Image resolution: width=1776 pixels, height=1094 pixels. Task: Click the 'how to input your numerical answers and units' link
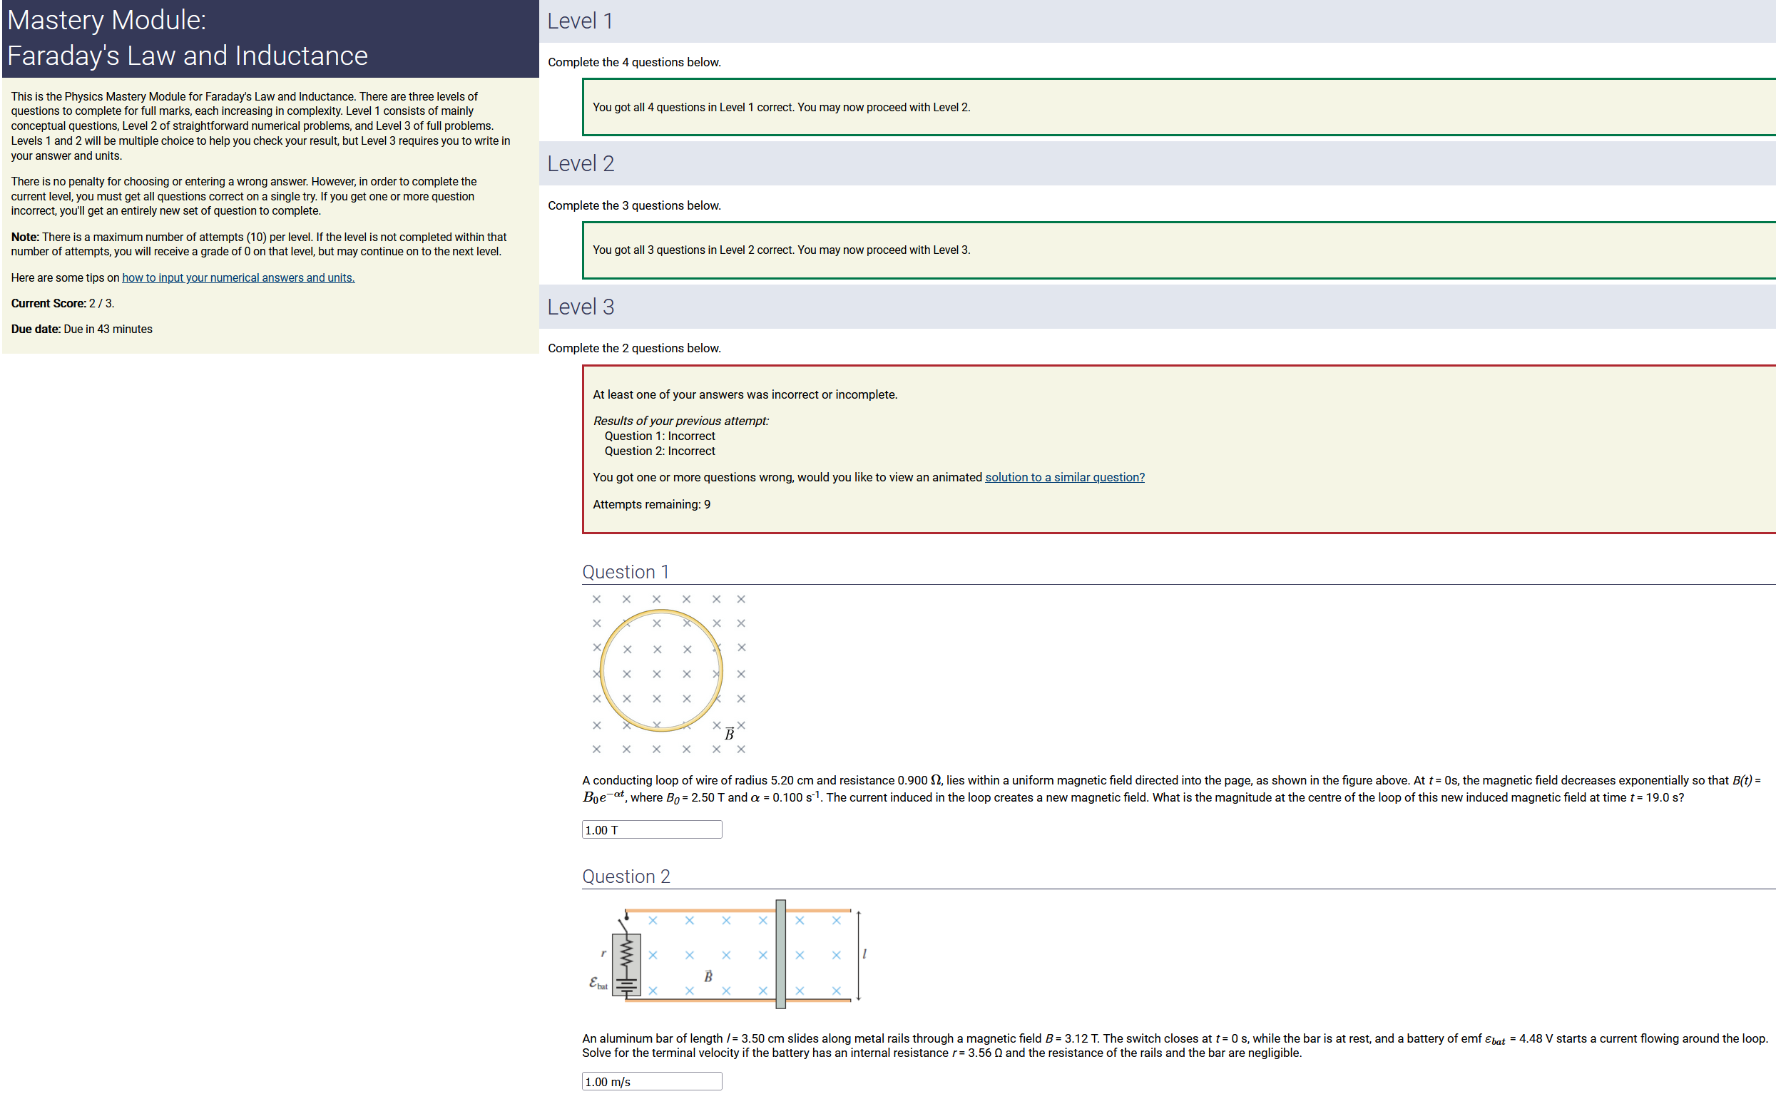[238, 278]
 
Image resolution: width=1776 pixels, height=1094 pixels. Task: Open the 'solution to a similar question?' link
[1064, 478]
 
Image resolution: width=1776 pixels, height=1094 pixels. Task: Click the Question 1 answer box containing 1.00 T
[652, 829]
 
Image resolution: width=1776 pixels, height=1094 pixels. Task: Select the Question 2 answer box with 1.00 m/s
[652, 1081]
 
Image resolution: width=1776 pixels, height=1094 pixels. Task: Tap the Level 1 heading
[580, 21]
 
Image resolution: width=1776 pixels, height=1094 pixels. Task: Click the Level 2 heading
[581, 163]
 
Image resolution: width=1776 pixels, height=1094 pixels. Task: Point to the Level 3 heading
[581, 307]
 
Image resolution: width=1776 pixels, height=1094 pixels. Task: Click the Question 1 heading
[626, 571]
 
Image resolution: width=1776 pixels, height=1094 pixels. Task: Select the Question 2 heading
[626, 876]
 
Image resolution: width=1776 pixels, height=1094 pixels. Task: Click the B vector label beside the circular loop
[729, 734]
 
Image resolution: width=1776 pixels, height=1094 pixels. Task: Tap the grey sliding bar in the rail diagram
[780, 954]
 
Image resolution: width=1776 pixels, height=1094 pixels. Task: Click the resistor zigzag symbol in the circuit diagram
[626, 954]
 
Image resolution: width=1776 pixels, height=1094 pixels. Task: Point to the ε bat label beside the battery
[598, 983]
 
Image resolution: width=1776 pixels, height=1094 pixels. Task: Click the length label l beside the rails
[864, 954]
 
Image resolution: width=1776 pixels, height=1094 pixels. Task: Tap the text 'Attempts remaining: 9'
[652, 504]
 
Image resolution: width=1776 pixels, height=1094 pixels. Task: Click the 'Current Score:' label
[49, 304]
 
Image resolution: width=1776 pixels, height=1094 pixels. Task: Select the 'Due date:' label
[36, 329]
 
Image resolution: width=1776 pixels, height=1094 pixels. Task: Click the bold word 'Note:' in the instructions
[25, 237]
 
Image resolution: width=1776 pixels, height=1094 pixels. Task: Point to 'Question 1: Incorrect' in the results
[660, 436]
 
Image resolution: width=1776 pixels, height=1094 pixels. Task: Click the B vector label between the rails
[708, 976]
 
